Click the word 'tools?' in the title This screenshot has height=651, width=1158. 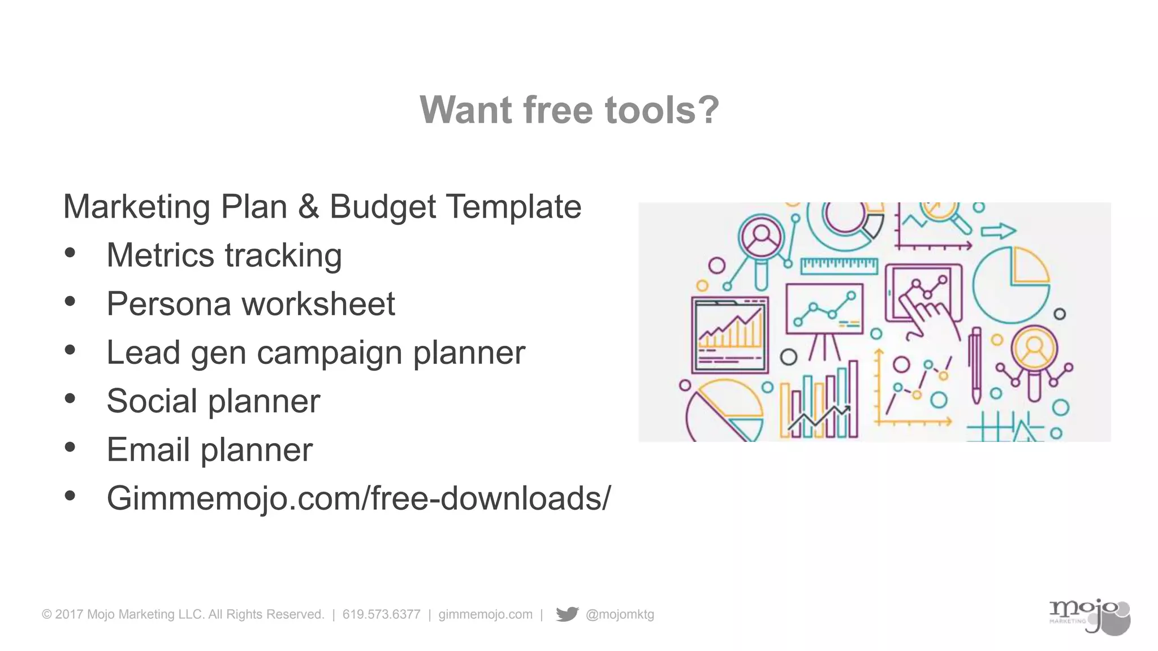point(662,110)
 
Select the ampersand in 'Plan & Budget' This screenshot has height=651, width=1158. point(308,207)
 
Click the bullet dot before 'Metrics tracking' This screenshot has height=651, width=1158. point(70,253)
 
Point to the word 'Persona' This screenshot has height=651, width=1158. point(168,304)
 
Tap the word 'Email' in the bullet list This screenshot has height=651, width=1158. point(148,450)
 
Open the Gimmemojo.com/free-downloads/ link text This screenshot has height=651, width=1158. point(358,498)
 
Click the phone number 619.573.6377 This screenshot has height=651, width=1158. point(381,614)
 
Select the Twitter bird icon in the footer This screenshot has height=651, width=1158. point(567,614)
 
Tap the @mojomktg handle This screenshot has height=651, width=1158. point(620,614)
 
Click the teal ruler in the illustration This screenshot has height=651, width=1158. point(839,265)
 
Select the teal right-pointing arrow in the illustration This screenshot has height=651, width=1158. point(998,231)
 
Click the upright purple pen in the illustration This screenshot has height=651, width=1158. point(975,364)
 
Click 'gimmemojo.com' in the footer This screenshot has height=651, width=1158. point(485,614)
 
